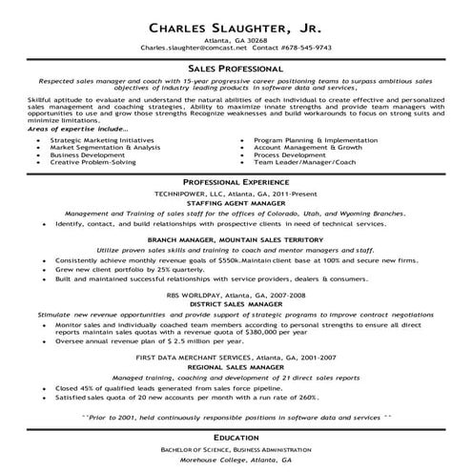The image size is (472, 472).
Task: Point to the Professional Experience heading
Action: [x=236, y=180]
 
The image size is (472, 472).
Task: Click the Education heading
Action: [x=236, y=436]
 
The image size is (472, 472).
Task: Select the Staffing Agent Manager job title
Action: [x=236, y=203]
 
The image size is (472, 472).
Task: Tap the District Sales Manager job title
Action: [x=236, y=304]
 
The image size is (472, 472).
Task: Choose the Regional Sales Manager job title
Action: [x=236, y=365]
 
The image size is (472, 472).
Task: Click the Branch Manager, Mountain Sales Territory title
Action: [x=236, y=238]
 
